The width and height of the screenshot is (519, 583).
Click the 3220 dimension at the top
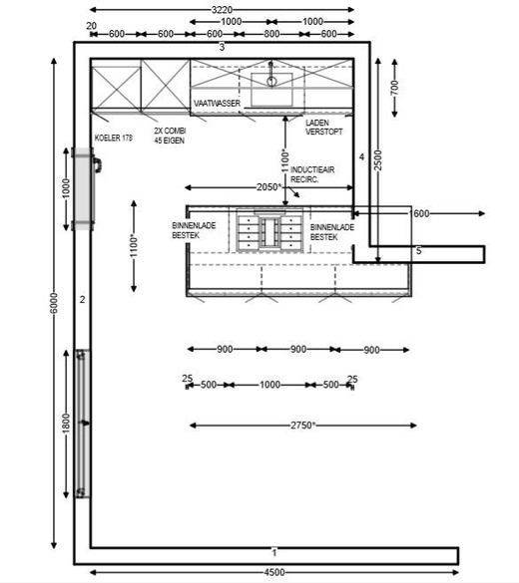coord(222,10)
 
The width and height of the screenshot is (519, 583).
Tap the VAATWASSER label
coord(217,103)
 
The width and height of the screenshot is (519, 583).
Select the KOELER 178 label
coord(114,138)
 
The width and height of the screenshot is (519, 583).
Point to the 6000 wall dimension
coord(54,303)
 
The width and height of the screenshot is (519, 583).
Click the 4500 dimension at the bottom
coord(274,572)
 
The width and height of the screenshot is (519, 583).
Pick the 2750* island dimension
coord(303,425)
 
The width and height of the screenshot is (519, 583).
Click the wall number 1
coord(274,553)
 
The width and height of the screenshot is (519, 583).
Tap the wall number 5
coord(419,251)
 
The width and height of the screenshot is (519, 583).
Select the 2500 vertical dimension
coord(378,160)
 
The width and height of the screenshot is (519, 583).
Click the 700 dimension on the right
coord(394,88)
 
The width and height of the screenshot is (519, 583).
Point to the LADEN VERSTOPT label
coord(324,128)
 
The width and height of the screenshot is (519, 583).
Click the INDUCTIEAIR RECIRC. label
coord(312,174)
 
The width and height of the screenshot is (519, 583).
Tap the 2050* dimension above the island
coord(269,187)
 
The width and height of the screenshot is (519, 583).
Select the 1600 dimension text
coord(419,213)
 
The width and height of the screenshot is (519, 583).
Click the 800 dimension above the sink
coord(271,34)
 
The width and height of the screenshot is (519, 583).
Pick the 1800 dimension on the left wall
coord(66,424)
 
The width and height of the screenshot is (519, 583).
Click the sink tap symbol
coord(271,76)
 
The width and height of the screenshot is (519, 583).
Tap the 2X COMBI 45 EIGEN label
coord(170,136)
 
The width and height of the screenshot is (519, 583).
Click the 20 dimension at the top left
coord(91,26)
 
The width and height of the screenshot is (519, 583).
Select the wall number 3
coord(222,47)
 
